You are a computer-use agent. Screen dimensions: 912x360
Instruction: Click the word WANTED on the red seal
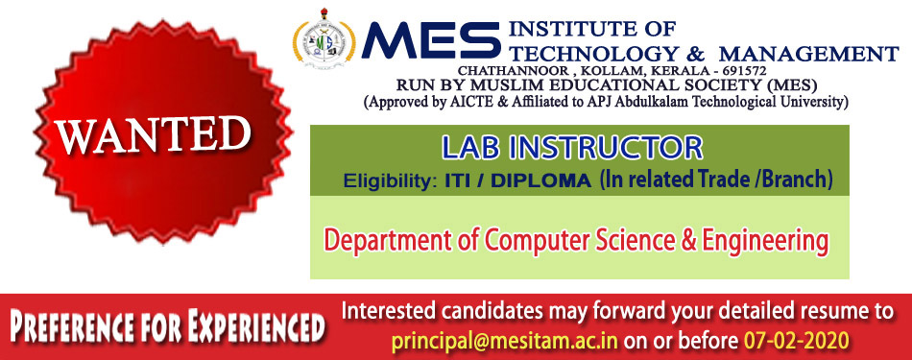point(153,135)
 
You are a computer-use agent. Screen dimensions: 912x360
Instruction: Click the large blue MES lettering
point(430,40)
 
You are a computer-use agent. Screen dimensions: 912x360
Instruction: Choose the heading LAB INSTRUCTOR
point(572,148)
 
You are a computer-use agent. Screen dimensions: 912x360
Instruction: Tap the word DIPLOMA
point(540,180)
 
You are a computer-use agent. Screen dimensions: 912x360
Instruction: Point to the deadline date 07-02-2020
point(796,340)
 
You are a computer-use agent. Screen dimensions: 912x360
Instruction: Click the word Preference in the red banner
point(68,327)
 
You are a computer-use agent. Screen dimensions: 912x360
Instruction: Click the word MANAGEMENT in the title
point(809,54)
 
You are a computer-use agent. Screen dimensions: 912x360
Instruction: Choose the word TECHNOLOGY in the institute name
point(594,54)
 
